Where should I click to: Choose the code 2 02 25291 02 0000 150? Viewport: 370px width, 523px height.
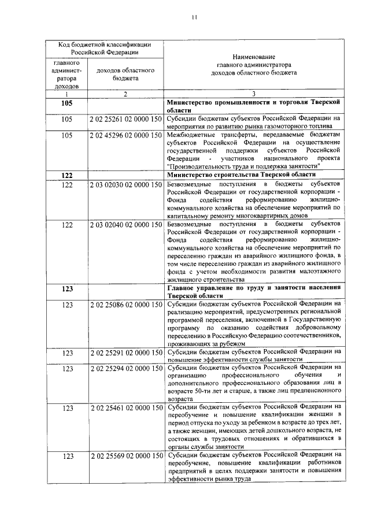pyautogui.click(x=125, y=352)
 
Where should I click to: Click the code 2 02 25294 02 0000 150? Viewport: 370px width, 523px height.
pyautogui.click(x=125, y=368)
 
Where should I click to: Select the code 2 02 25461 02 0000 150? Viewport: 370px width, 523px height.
pyautogui.click(x=125, y=407)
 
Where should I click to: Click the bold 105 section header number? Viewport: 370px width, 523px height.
pyautogui.click(x=68, y=102)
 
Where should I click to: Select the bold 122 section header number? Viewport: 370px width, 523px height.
pyautogui.click(x=68, y=175)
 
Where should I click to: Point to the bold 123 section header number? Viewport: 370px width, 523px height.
pyautogui.click(x=68, y=288)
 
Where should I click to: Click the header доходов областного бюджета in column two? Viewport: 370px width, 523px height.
pyautogui.click(x=125, y=74)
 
